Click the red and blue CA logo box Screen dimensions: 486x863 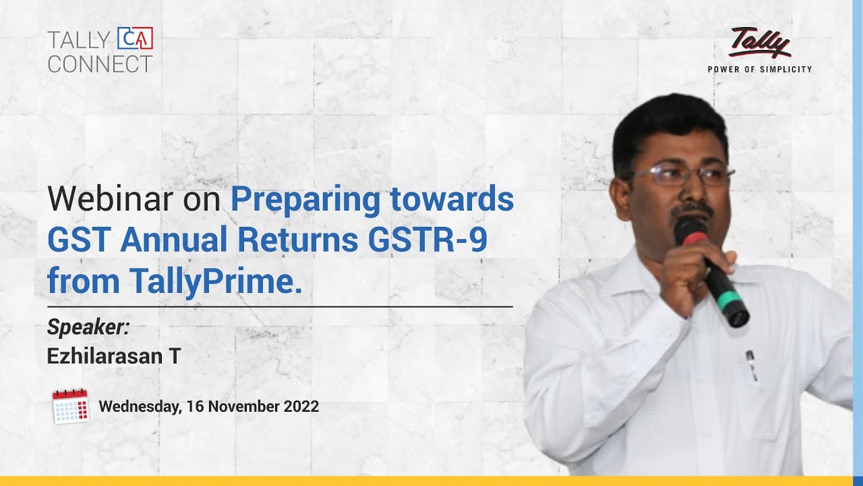pos(135,38)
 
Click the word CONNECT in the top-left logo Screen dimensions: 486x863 pos(100,64)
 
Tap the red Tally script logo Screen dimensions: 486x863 pos(759,43)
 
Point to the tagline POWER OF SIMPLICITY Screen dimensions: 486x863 pos(760,69)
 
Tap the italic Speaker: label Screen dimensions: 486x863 pos(88,327)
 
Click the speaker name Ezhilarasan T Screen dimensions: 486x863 pos(113,356)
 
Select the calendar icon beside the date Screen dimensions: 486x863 pos(71,406)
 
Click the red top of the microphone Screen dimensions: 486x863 pos(690,230)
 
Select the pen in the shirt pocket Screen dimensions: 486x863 pos(750,364)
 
